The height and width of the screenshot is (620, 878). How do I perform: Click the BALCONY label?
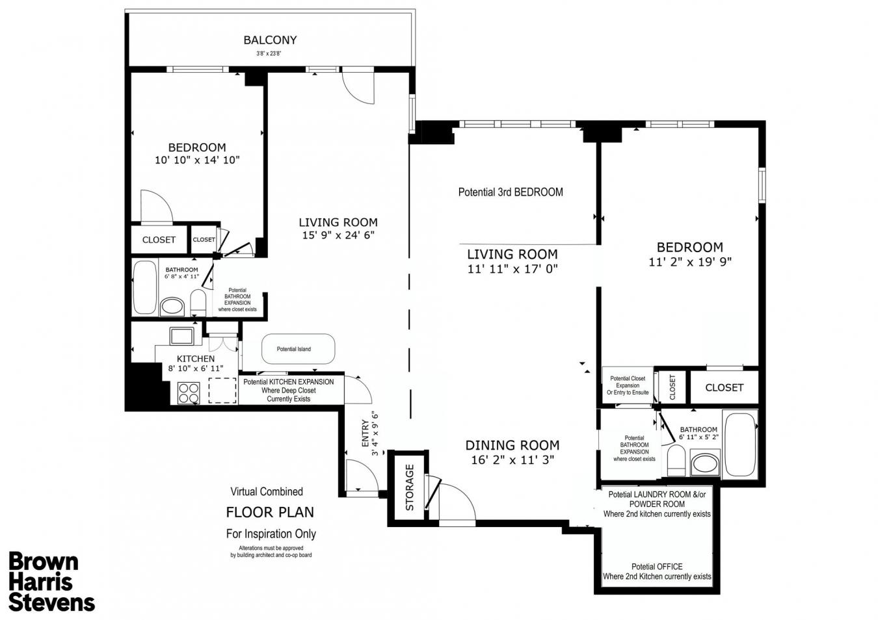pyautogui.click(x=270, y=40)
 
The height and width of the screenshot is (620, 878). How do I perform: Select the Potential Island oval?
pyautogui.click(x=298, y=349)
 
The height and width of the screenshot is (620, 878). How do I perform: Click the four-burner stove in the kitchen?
pyautogui.click(x=189, y=393)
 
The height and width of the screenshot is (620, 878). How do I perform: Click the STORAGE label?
pyautogui.click(x=410, y=487)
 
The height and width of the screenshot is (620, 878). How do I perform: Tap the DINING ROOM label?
pyautogui.click(x=512, y=445)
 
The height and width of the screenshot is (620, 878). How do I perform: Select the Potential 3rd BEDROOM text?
pyautogui.click(x=511, y=192)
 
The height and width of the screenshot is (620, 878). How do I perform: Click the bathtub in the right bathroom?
pyautogui.click(x=740, y=445)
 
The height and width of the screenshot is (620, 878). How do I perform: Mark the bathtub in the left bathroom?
pyautogui.click(x=144, y=287)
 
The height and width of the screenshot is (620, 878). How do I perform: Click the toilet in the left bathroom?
pyautogui.click(x=198, y=303)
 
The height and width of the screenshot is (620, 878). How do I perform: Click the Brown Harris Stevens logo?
pyautogui.click(x=51, y=581)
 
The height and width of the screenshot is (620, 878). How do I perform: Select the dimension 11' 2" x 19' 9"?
pyautogui.click(x=689, y=262)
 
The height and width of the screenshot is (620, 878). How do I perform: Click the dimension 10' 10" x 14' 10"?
pyautogui.click(x=197, y=160)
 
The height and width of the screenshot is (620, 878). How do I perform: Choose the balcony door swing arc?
pyautogui.click(x=359, y=87)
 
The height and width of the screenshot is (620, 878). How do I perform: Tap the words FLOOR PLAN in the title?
pyautogui.click(x=269, y=512)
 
